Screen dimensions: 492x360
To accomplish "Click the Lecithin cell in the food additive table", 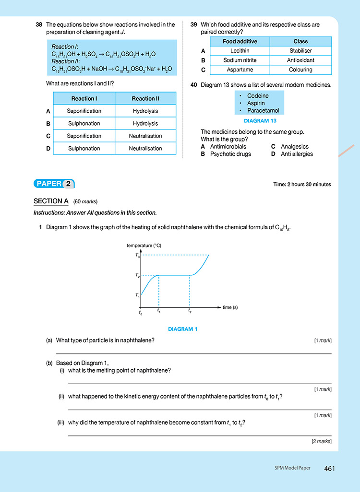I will click(x=240, y=51).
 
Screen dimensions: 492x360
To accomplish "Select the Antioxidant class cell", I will click(x=300, y=60).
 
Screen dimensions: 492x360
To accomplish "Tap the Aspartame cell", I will click(x=240, y=70).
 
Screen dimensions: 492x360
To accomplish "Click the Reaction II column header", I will click(x=145, y=98).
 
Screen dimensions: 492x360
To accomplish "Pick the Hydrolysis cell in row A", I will click(x=145, y=111).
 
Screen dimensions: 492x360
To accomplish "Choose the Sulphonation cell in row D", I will click(x=84, y=148).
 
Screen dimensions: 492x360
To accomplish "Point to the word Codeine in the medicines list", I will click(x=258, y=96).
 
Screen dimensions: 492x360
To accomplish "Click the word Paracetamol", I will click(x=263, y=110).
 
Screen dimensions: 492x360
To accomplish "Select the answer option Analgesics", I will click(x=294, y=147).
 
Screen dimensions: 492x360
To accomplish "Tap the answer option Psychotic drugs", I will click(x=230, y=154).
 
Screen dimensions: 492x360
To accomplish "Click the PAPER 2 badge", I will click(x=54, y=184).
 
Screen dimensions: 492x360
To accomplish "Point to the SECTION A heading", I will click(x=51, y=201).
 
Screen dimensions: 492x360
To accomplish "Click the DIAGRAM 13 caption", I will click(x=260, y=121).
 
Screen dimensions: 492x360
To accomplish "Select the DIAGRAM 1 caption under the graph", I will click(x=183, y=329).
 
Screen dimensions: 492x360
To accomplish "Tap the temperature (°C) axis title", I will click(x=144, y=246).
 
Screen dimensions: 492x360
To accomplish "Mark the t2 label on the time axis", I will click(x=190, y=311).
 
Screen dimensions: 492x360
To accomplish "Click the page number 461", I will click(x=329, y=468).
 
